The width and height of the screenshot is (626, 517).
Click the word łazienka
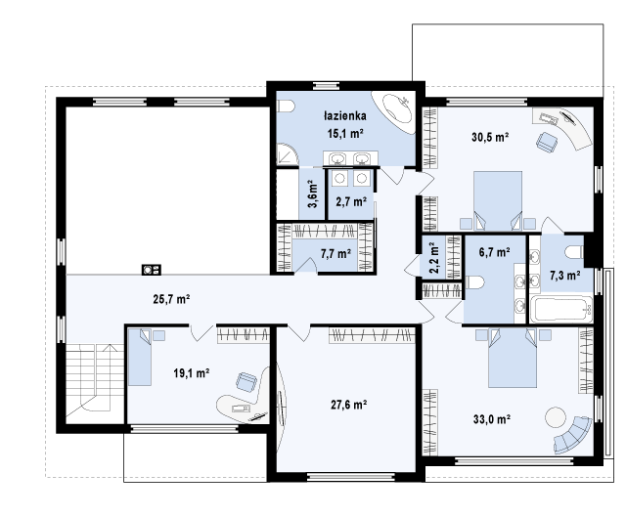345,116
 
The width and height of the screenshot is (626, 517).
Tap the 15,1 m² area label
345,134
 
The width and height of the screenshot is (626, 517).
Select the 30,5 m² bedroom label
490,137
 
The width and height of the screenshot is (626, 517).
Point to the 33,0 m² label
492,419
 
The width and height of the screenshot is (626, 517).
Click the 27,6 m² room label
349,406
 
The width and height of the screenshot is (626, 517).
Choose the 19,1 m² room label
192,373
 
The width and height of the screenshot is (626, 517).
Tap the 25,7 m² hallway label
171,299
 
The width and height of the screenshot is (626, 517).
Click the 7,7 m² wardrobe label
335,253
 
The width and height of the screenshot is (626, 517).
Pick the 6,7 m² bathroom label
494,252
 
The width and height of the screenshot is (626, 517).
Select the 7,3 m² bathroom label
565,276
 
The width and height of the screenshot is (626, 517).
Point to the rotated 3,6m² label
312,194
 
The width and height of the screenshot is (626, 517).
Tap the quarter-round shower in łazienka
287,154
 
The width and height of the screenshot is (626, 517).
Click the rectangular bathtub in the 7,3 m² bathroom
560,309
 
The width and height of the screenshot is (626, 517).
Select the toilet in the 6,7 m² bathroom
474,282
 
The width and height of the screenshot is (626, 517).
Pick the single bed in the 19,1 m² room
140,357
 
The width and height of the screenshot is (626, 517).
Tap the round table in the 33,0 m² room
556,417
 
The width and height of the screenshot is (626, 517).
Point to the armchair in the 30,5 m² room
547,142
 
